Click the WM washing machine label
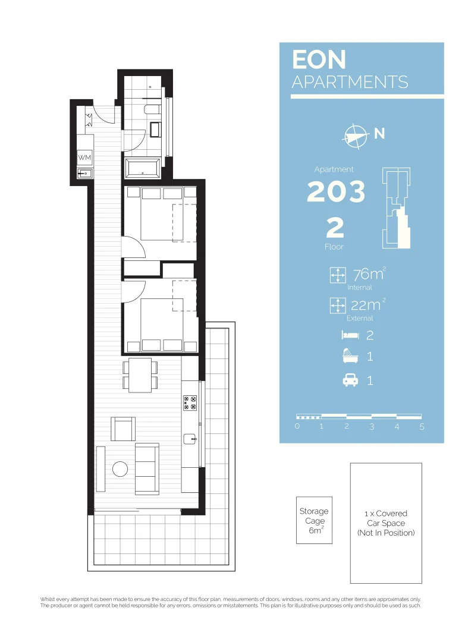(84, 158)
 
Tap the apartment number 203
(336, 191)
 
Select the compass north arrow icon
(355, 136)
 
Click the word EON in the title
(319, 60)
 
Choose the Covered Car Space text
(386, 523)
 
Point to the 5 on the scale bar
(422, 426)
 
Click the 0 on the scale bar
(297, 426)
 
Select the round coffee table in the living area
(121, 469)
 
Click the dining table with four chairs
(140, 374)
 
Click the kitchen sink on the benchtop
(190, 439)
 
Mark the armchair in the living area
(123, 428)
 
